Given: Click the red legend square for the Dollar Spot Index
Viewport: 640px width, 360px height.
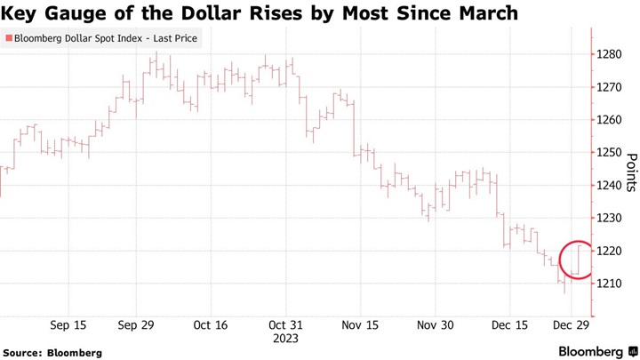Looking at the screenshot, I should coord(9,39).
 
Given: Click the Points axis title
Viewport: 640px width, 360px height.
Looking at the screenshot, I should coord(631,171).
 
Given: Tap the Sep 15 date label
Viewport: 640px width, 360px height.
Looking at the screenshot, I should coord(68,325).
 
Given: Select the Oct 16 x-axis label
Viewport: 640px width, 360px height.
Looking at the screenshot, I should coord(211,325).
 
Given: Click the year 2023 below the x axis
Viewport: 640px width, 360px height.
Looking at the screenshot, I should coord(286,339).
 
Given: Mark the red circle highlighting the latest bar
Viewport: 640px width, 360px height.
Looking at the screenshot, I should coord(578,260).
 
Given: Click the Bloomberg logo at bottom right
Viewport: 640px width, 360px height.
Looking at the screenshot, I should coord(596,351).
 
